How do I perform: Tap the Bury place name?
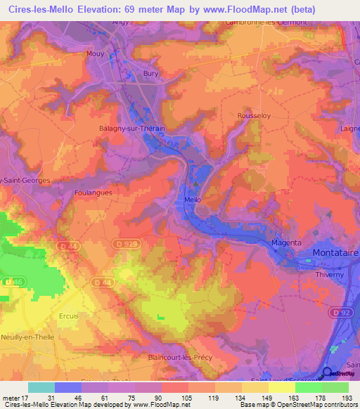[x=150, y=73]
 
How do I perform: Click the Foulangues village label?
[x=94, y=191]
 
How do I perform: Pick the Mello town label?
[x=193, y=200]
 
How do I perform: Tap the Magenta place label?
[x=286, y=242]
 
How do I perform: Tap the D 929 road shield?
[x=124, y=242]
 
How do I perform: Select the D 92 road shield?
[x=341, y=311]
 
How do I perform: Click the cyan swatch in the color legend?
[x=41, y=387]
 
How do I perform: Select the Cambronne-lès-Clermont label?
[x=266, y=22]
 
